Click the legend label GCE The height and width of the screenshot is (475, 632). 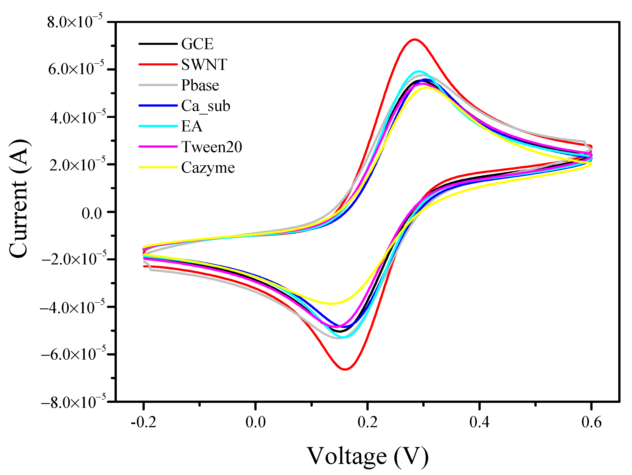click(x=197, y=44)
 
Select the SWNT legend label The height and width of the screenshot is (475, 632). click(x=204, y=64)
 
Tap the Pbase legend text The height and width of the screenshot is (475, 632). click(x=200, y=85)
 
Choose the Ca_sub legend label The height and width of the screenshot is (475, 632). click(x=206, y=106)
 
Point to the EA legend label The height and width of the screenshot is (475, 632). click(x=192, y=126)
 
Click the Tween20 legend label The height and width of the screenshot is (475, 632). click(x=211, y=147)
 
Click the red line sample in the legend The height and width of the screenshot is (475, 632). click(x=158, y=64)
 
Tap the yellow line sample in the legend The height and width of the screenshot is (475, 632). click(x=158, y=167)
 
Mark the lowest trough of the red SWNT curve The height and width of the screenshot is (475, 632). click(x=345, y=369)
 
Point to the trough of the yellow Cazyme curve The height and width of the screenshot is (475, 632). click(x=331, y=304)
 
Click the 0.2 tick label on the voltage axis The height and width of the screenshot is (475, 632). click(x=368, y=422)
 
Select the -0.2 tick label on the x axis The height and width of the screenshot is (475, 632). click(x=143, y=422)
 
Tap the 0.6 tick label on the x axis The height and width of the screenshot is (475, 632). click(x=591, y=422)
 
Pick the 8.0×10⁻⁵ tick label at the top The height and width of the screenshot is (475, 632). click(x=75, y=22)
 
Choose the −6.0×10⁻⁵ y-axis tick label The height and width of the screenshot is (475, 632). click(x=73, y=354)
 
